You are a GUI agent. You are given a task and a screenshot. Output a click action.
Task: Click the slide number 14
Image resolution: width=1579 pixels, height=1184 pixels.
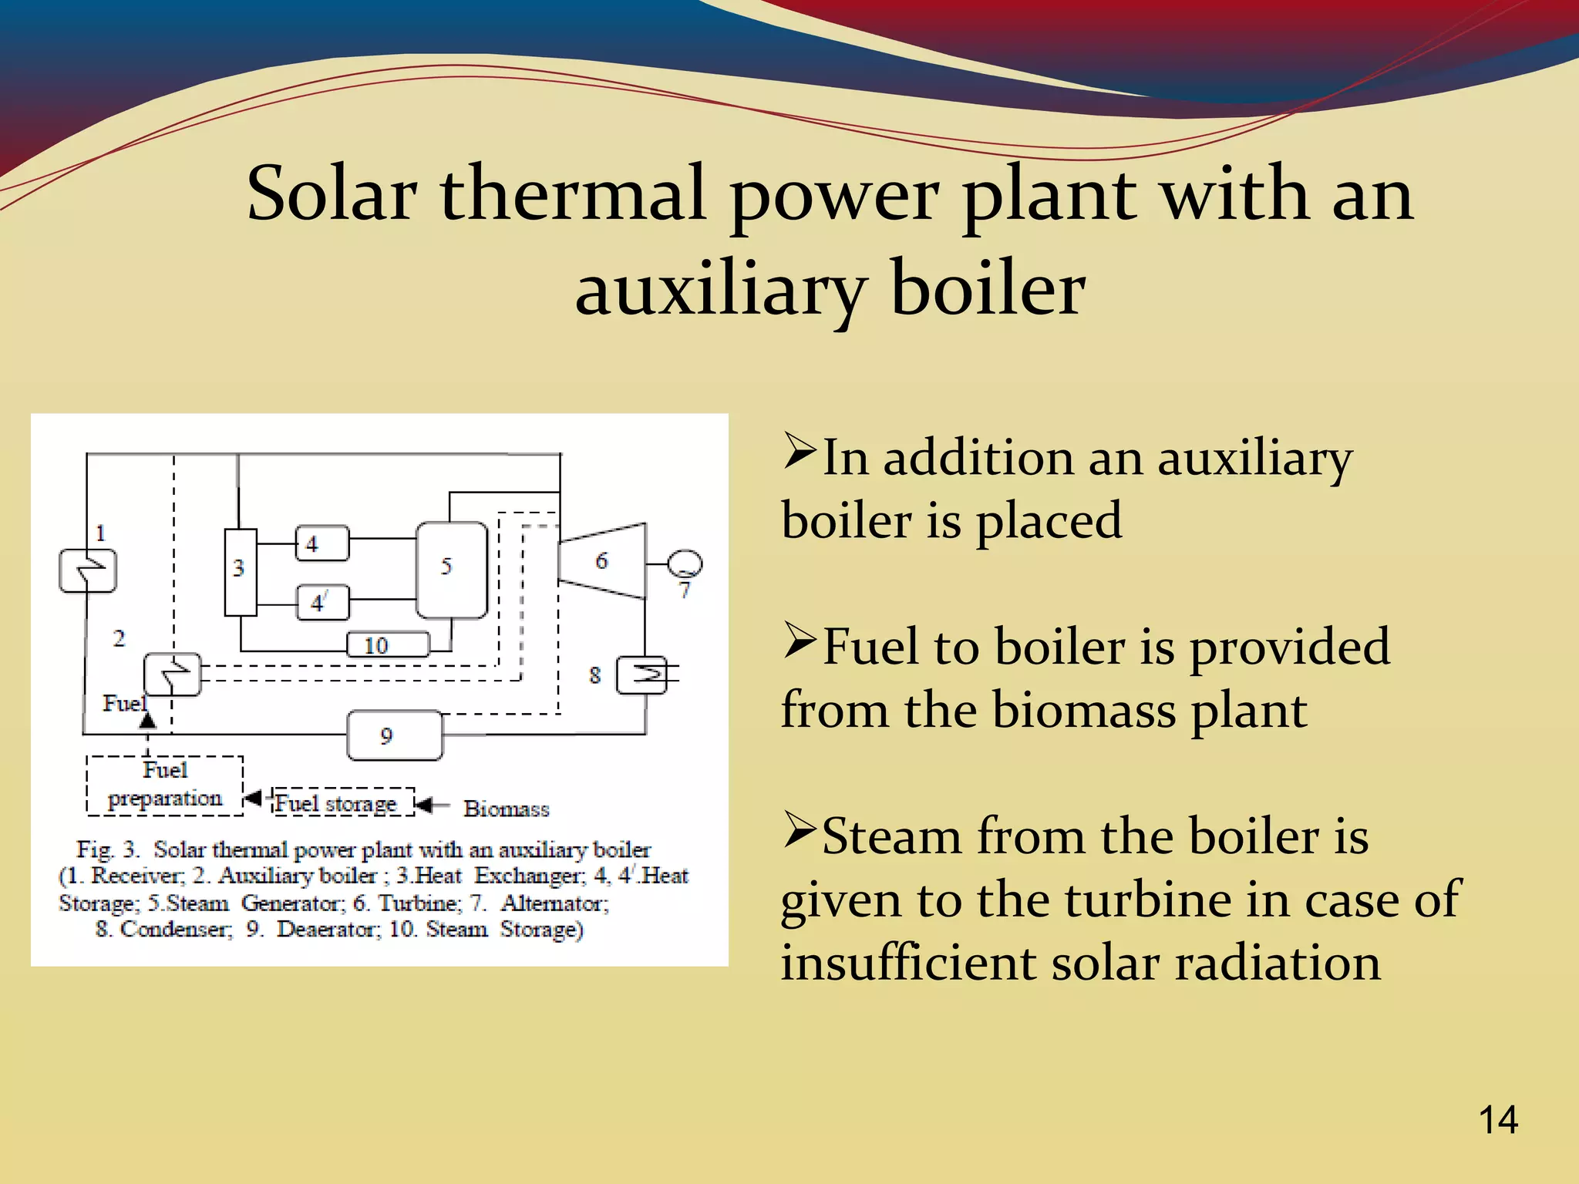coord(1497,1119)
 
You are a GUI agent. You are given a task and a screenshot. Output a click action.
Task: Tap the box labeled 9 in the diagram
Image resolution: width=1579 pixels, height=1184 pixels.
coord(395,735)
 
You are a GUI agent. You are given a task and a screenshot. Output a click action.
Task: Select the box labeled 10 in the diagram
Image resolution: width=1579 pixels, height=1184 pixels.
coord(387,644)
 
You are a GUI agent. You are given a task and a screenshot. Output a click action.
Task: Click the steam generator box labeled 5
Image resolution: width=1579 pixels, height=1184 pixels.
coord(452,570)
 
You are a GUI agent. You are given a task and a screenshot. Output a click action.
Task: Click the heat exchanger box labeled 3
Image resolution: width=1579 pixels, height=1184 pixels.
coord(240,572)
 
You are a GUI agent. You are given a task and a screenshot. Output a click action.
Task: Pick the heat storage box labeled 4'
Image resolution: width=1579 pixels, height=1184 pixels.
coord(323,602)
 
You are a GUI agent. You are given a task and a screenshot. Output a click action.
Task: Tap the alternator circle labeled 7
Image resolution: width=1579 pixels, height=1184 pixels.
coord(685,563)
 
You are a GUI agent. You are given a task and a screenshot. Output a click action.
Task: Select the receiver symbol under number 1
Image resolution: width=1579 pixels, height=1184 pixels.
coord(88,570)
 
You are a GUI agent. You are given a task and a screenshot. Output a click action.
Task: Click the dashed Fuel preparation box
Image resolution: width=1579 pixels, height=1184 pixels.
coord(164,785)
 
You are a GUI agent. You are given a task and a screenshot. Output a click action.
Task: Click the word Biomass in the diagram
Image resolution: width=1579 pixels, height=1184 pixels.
coord(506,809)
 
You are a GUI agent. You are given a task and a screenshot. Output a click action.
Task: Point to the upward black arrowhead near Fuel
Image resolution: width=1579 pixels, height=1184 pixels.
coord(147,721)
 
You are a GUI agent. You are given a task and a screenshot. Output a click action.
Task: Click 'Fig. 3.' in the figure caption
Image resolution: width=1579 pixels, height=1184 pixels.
coord(107,849)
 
